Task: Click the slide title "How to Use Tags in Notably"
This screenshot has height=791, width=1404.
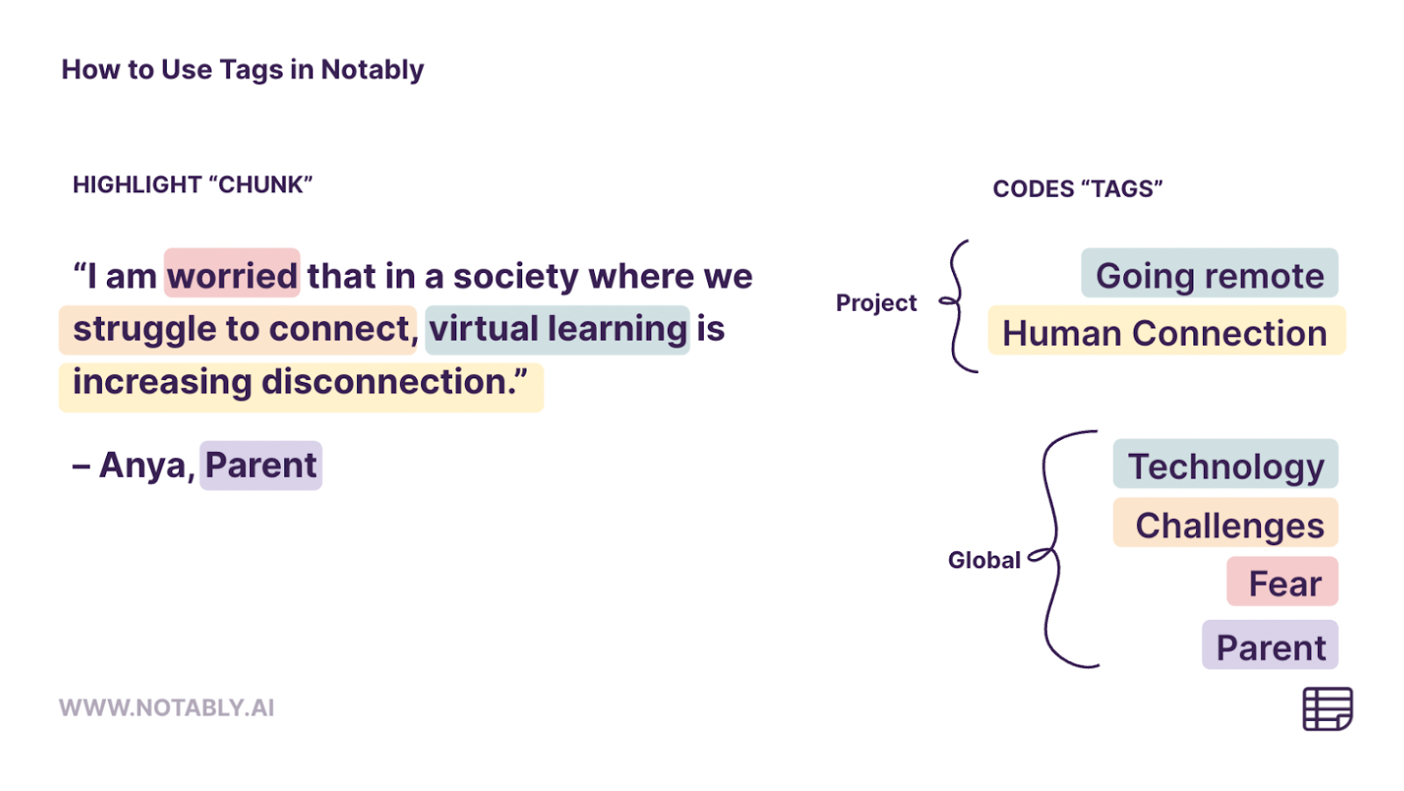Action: [242, 69]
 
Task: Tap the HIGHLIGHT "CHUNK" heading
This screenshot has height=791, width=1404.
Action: [192, 184]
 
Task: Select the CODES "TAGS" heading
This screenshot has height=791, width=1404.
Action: [1077, 189]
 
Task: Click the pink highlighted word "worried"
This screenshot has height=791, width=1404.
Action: [233, 276]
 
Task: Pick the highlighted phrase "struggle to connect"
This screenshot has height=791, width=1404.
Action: [238, 329]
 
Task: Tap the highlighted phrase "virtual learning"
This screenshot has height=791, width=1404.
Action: [558, 329]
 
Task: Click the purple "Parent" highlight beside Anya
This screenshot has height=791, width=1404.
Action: [261, 465]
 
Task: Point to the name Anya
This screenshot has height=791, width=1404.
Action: [144, 465]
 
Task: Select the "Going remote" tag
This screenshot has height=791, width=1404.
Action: [1209, 276]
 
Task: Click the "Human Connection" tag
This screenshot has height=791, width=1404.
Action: [1165, 333]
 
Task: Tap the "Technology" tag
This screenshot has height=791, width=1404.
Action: [1225, 466]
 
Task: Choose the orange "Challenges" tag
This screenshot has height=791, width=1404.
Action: [1228, 525]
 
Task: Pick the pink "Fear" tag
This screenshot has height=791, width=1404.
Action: [1284, 583]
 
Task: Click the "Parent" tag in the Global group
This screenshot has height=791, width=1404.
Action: [1271, 647]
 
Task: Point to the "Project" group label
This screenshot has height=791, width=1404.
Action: [876, 303]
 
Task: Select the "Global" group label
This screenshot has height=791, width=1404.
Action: [984, 560]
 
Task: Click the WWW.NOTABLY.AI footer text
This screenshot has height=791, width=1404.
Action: [167, 708]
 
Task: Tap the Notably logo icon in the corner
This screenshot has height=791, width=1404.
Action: [1327, 708]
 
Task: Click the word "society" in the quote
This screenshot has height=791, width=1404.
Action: [516, 276]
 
